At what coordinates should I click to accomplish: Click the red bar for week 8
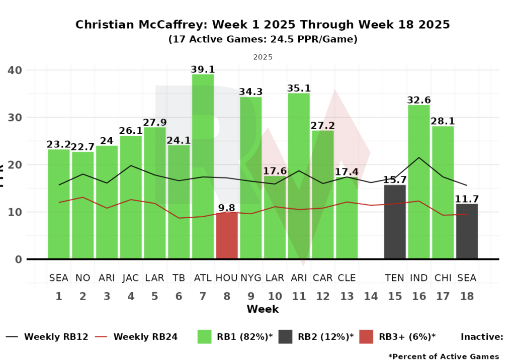(x=227, y=236)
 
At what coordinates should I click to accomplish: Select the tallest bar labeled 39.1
(x=203, y=166)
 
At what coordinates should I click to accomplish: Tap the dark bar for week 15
(x=395, y=222)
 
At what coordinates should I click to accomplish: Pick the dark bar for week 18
(x=467, y=231)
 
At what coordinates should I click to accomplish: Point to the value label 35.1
(x=299, y=88)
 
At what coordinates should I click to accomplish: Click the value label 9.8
(x=227, y=207)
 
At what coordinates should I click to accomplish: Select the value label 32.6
(x=419, y=100)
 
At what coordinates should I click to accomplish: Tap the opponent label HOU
(x=227, y=278)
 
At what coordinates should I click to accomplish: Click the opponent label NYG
(x=250, y=278)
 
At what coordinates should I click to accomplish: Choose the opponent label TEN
(x=395, y=278)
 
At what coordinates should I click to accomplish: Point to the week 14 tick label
(x=371, y=297)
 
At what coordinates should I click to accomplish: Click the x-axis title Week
(x=263, y=309)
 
